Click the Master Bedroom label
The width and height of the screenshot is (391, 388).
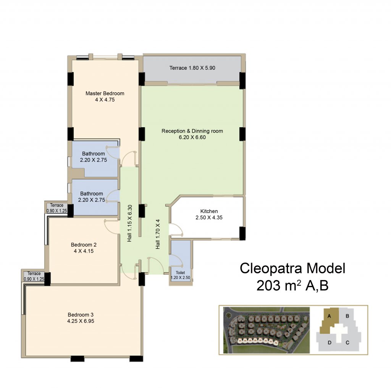coord(105,93)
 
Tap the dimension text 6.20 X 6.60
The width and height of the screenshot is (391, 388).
coord(192,137)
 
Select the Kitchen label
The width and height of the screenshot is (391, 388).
coord(209,211)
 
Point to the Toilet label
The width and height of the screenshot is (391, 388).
coord(180,273)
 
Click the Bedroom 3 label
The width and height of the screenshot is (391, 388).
coord(81,314)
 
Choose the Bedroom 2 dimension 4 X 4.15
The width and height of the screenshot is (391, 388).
coord(84,251)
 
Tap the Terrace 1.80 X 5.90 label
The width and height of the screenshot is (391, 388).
coord(192,68)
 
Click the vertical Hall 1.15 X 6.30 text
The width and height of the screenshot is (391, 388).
coord(129,223)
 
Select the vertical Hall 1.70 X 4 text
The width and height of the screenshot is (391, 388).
coord(158,234)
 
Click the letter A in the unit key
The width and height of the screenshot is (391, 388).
coord(329,316)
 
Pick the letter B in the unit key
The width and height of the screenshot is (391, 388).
coord(347,316)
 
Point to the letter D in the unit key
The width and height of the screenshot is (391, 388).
coord(330,343)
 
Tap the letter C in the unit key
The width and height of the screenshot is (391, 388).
coord(347,343)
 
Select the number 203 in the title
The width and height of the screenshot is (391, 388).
coord(268,285)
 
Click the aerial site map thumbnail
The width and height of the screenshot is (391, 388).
coord(266,330)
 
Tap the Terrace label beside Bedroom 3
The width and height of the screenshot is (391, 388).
coord(34,273)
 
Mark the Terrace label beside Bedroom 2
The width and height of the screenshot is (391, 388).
coord(57,205)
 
